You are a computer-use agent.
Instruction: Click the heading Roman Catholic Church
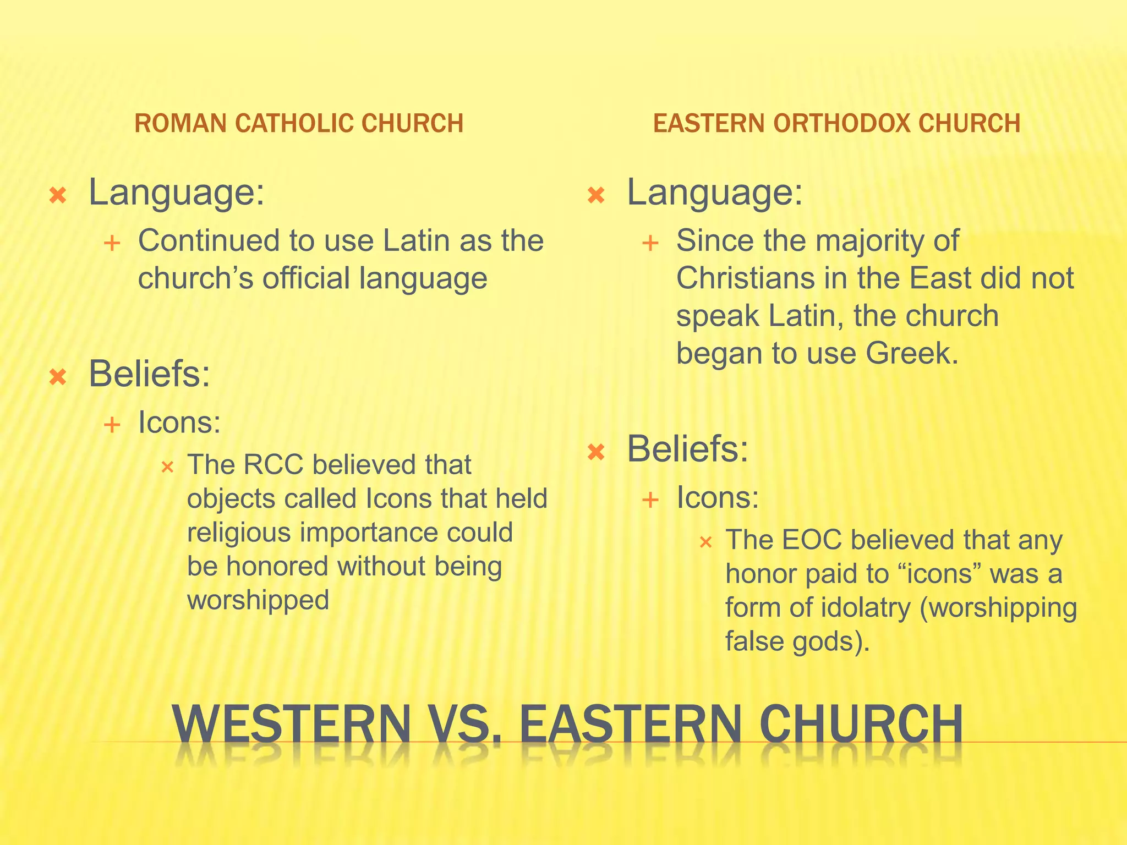pyautogui.click(x=299, y=123)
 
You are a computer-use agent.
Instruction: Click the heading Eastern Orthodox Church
pyautogui.click(x=836, y=123)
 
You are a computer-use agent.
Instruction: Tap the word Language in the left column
pyautogui.click(x=176, y=193)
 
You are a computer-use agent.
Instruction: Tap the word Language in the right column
pyautogui.click(x=714, y=193)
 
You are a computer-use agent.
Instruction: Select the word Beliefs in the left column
pyautogui.click(x=149, y=375)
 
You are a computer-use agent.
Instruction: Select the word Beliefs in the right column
pyautogui.click(x=687, y=449)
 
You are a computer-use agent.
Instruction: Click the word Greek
pyautogui.click(x=912, y=354)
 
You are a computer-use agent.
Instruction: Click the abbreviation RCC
pyautogui.click(x=273, y=465)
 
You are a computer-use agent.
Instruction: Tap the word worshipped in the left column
pyautogui.click(x=258, y=600)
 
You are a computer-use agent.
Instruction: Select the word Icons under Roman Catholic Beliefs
pyautogui.click(x=179, y=423)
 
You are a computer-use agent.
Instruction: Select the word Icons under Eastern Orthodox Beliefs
pyautogui.click(x=717, y=498)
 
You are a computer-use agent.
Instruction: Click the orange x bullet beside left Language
pyautogui.click(x=58, y=195)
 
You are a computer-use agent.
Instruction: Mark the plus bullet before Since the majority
pyautogui.click(x=650, y=243)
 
